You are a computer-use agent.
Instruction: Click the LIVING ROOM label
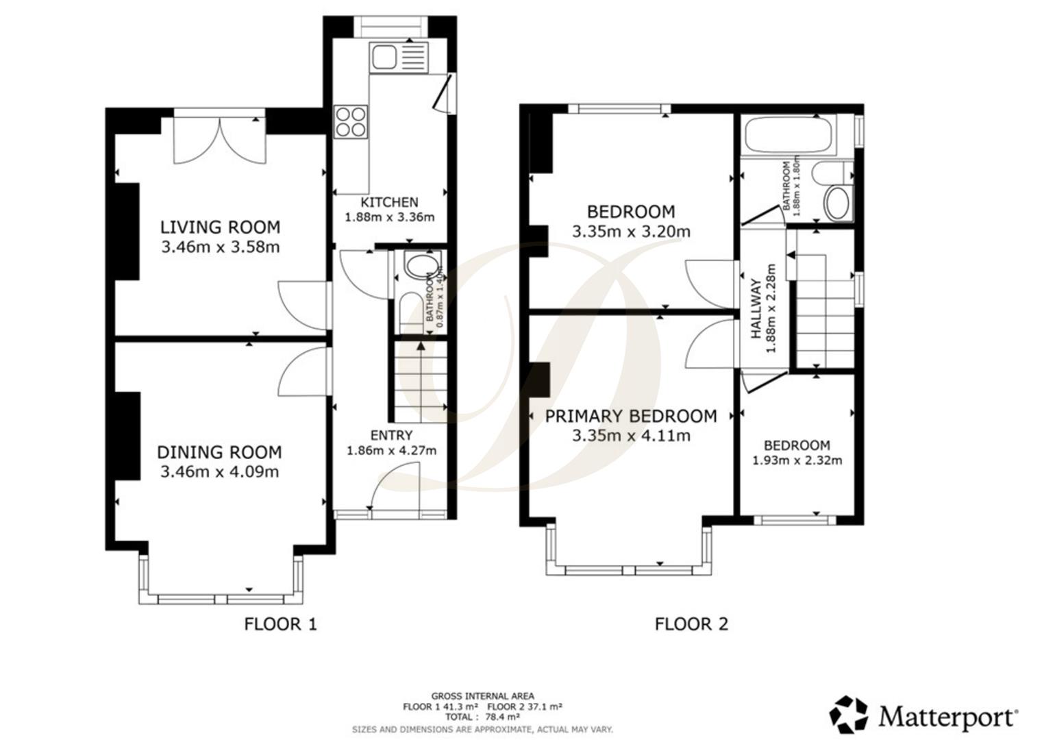coord(220,227)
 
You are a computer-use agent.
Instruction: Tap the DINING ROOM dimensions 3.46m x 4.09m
coord(219,472)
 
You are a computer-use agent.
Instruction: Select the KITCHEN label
coord(389,202)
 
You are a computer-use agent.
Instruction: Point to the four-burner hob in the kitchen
coord(350,121)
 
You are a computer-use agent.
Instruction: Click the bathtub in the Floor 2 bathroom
coord(788,136)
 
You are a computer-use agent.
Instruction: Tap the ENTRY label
coord(391,435)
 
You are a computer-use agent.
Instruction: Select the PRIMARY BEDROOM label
coord(630,416)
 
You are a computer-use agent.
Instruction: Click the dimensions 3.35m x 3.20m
coord(630,232)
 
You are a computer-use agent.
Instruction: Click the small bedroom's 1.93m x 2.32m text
coord(797,460)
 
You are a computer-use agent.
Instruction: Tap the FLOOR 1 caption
coord(280,624)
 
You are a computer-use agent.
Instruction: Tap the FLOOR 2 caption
coord(691,624)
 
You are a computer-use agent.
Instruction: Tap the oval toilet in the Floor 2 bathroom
coord(836,203)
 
